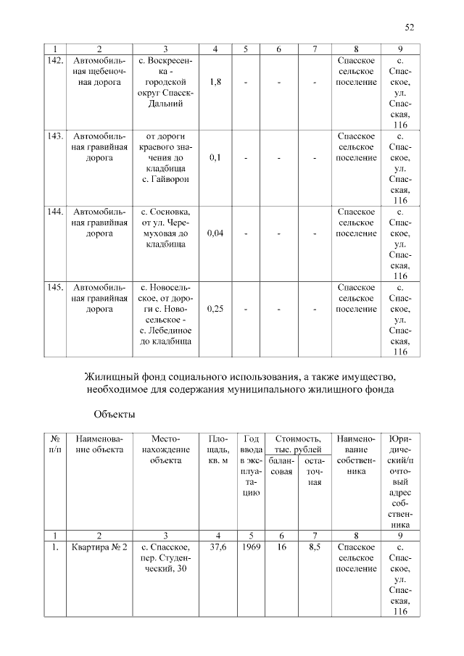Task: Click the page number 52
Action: click(409, 28)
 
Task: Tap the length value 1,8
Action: click(215, 82)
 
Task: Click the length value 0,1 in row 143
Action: click(215, 157)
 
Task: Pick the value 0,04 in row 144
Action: click(215, 233)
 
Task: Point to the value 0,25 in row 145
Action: click(215, 309)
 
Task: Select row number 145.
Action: click(55, 287)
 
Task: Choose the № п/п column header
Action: click(55, 444)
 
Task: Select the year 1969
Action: click(250, 547)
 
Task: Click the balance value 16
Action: click(281, 547)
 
